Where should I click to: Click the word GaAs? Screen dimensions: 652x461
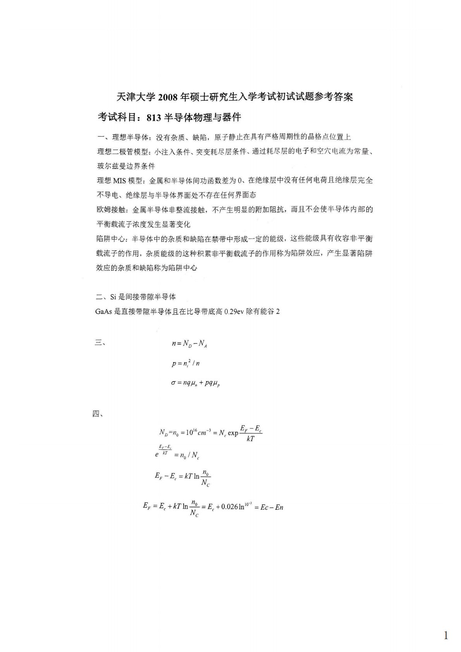(103, 311)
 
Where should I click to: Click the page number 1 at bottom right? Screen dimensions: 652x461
(446, 636)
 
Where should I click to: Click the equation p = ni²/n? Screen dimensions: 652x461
(186, 363)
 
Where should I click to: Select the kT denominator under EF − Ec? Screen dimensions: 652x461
(251, 439)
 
